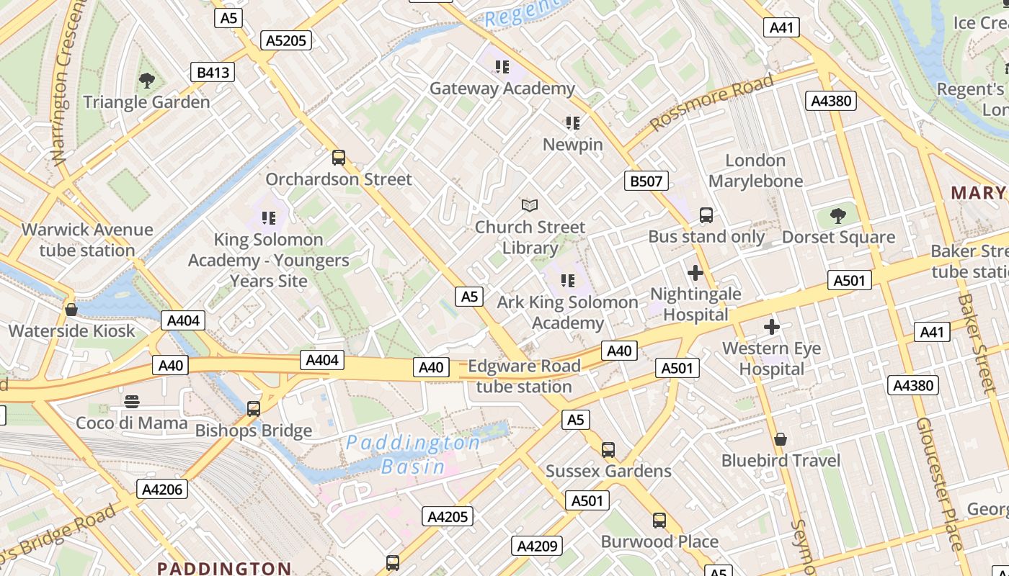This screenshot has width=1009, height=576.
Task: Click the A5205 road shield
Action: [x=287, y=40]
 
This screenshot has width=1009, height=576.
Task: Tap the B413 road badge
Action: [x=213, y=72]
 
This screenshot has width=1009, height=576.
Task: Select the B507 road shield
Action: [x=646, y=181]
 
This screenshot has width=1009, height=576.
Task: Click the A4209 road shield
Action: [x=537, y=546]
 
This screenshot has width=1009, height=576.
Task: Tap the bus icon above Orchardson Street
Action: [x=339, y=157]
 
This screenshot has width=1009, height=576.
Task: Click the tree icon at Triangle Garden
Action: [x=147, y=80]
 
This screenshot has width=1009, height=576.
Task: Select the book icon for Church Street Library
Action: [x=530, y=206]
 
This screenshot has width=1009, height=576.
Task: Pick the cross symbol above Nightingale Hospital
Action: [x=695, y=273]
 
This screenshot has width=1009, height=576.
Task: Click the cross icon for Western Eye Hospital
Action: [x=772, y=327]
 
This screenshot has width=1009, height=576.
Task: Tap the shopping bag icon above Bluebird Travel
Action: [x=781, y=438]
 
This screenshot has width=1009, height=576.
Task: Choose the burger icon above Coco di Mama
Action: [x=132, y=401]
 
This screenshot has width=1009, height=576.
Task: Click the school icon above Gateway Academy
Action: [x=502, y=67]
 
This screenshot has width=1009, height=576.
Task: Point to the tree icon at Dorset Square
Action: [x=838, y=215]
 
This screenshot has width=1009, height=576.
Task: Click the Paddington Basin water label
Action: [x=414, y=454]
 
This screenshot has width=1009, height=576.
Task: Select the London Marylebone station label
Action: [x=755, y=171]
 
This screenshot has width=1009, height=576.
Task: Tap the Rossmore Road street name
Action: [x=712, y=101]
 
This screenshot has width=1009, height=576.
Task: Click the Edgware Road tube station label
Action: [x=524, y=376]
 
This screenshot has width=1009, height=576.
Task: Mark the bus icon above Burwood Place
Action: [x=659, y=520]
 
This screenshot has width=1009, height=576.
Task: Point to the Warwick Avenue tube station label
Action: [x=87, y=240]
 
